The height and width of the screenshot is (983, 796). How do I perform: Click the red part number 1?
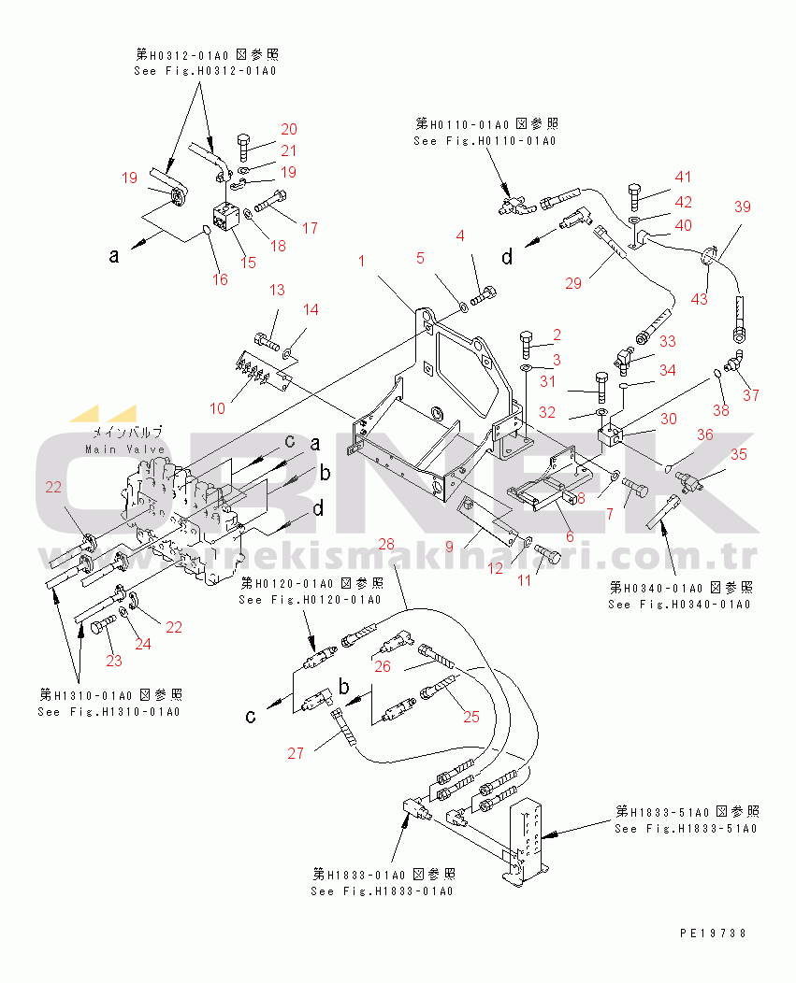pyautogui.click(x=362, y=262)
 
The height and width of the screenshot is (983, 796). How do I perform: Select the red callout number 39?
pyautogui.click(x=742, y=207)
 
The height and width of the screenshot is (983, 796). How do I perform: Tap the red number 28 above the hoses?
pyautogui.click(x=386, y=543)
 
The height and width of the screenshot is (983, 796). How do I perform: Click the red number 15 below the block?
pyautogui.click(x=248, y=263)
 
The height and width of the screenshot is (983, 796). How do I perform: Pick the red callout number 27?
pyautogui.click(x=296, y=753)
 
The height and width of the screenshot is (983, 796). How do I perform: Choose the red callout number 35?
pyautogui.click(x=739, y=455)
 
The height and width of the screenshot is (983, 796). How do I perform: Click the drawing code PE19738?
pyautogui.click(x=714, y=933)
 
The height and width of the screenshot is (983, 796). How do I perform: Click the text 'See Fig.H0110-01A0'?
pyautogui.click(x=485, y=141)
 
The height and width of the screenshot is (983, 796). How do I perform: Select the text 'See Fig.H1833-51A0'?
pyautogui.click(x=686, y=828)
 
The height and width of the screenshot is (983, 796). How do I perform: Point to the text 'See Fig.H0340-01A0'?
pyautogui.click(x=679, y=605)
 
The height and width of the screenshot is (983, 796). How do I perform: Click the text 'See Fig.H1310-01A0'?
pyautogui.click(x=109, y=712)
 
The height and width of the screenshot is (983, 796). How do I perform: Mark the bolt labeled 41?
pyautogui.click(x=633, y=197)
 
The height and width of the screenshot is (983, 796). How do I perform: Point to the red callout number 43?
pyautogui.click(x=700, y=298)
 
